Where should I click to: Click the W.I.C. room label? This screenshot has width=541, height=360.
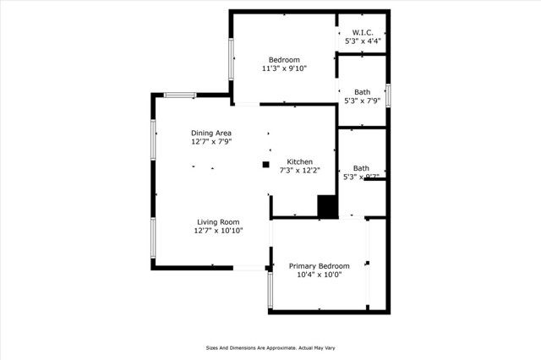point(362,31)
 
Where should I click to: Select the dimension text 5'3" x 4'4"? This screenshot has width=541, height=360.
point(362,41)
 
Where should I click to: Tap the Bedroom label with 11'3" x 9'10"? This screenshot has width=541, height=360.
point(284,59)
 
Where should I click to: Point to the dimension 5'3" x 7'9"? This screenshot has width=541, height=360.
point(362,101)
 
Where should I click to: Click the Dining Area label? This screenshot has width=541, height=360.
point(210,133)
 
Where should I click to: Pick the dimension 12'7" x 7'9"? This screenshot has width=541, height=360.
point(210,142)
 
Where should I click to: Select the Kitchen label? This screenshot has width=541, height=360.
point(300,161)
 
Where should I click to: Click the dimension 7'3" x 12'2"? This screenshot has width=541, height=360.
point(300,171)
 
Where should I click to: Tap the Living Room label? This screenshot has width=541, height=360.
point(218,221)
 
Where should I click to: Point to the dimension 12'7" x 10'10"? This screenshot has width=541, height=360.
point(218,231)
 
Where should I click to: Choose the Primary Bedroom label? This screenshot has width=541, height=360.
point(319,266)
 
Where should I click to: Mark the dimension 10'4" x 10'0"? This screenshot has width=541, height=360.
point(319,275)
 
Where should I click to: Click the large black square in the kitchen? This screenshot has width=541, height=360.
point(327,207)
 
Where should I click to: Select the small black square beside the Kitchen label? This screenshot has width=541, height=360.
point(265,164)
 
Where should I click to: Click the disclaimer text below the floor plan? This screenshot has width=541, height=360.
point(270,346)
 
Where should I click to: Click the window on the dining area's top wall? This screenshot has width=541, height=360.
point(180,95)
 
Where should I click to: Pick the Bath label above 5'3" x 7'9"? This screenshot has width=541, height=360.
point(362,92)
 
